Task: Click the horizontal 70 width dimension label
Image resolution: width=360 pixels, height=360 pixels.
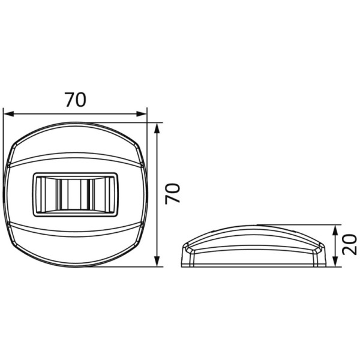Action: pyautogui.click(x=76, y=100)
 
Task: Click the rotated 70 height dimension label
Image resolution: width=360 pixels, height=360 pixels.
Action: pyautogui.click(x=172, y=193)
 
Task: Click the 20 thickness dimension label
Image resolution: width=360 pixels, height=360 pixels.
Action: pyautogui.click(x=349, y=244)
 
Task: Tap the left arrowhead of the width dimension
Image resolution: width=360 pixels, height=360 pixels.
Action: pyautogui.click(x=9, y=113)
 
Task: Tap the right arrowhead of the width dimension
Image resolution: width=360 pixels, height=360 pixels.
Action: pyautogui.click(x=141, y=113)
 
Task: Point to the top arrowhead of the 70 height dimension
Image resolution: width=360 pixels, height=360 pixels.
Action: pyautogui.click(x=157, y=128)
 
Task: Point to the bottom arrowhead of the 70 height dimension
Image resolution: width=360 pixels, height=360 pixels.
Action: pyautogui.click(x=157, y=262)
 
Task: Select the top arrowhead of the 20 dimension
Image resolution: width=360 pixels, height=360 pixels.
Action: pyautogui.click(x=335, y=230)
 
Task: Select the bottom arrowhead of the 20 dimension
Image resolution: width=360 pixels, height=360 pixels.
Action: pyautogui.click(x=335, y=262)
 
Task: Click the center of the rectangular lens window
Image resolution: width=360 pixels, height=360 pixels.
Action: pyautogui.click(x=76, y=194)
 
